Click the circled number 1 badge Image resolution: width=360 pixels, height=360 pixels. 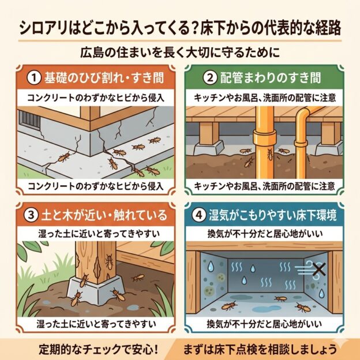[34, 78]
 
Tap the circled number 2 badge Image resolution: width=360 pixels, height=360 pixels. [210, 78]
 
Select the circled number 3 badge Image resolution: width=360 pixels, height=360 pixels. [31, 215]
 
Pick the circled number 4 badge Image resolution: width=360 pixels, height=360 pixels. [199, 215]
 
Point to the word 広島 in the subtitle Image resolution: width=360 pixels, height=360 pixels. [92, 52]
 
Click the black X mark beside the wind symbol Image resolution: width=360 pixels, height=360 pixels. [320, 269]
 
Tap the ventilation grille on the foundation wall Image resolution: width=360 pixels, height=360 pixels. [29, 119]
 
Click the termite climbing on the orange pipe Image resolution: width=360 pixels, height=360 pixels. [270, 154]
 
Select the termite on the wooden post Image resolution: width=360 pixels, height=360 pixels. [109, 262]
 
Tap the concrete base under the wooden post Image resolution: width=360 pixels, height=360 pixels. [96, 290]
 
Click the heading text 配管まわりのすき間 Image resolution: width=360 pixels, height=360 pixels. [271, 78]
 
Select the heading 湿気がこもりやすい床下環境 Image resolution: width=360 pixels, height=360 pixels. [273, 215]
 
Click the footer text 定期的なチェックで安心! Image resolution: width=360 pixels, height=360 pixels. [98, 350]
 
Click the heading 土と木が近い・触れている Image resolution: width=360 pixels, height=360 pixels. [104, 215]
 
